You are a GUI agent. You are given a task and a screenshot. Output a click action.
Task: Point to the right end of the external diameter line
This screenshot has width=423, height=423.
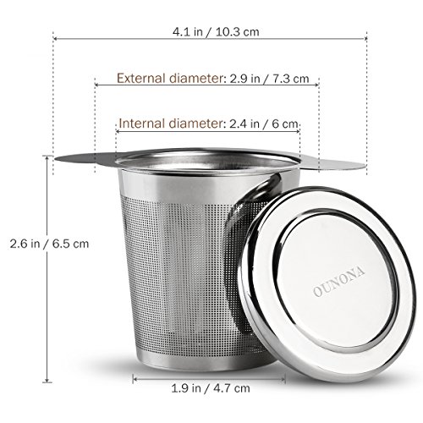click(x=318, y=82)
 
